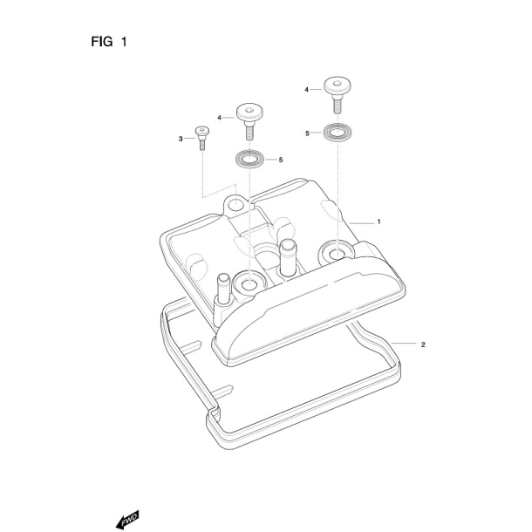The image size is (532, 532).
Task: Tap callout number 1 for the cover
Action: click(379, 222)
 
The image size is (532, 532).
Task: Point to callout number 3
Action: click(181, 139)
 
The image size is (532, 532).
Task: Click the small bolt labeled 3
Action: click(202, 137)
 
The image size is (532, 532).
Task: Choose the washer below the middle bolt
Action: click(249, 160)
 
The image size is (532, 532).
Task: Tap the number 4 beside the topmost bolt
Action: click(307, 90)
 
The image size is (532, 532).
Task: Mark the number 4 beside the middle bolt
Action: click(219, 116)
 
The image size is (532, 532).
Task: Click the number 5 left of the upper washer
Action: click(307, 133)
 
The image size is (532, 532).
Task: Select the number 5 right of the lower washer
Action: click(281, 160)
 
